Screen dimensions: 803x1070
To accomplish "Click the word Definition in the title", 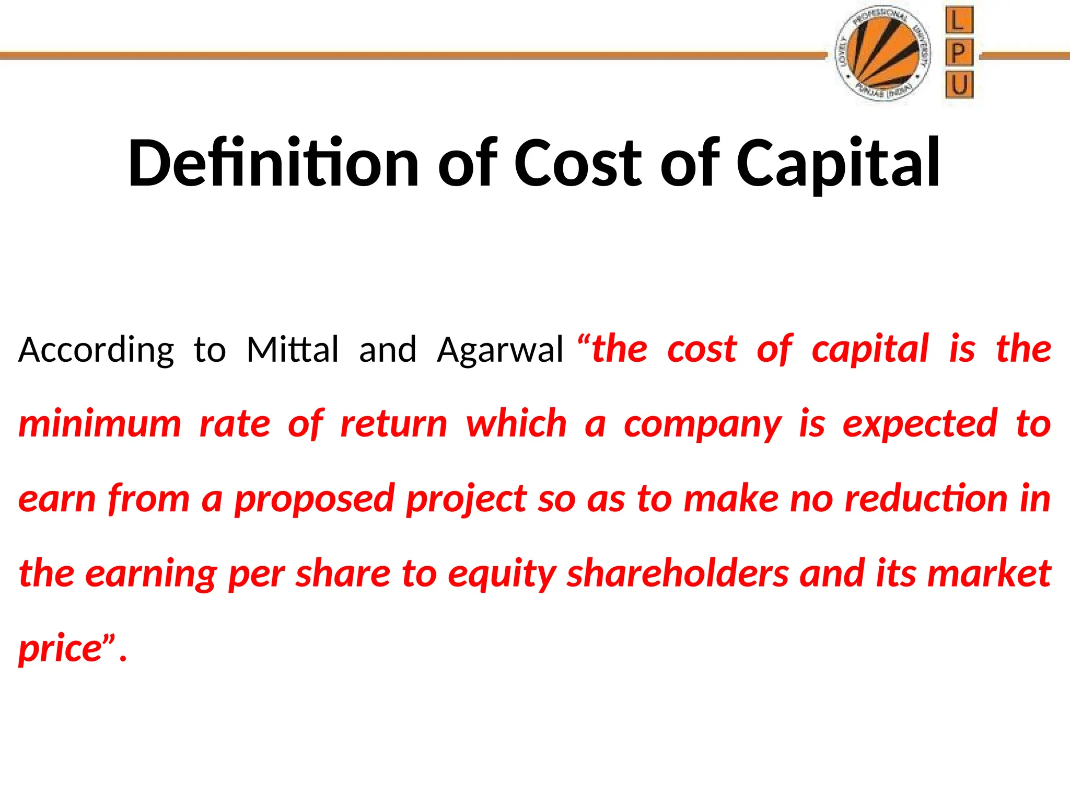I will point(273,163).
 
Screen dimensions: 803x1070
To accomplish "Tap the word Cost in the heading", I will point(577,163).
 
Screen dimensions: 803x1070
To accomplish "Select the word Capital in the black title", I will point(838,163).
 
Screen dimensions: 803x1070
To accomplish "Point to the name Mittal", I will point(293,349).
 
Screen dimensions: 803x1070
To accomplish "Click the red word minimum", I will point(100,423).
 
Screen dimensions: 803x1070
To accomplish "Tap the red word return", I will point(394,423).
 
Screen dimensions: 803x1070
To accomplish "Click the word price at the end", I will point(60,649).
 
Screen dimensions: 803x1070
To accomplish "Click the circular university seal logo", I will point(883,54).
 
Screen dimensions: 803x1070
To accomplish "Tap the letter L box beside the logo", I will point(959,21).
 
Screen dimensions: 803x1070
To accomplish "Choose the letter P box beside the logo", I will point(959,53).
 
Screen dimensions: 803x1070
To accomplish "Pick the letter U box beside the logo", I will point(959,85).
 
